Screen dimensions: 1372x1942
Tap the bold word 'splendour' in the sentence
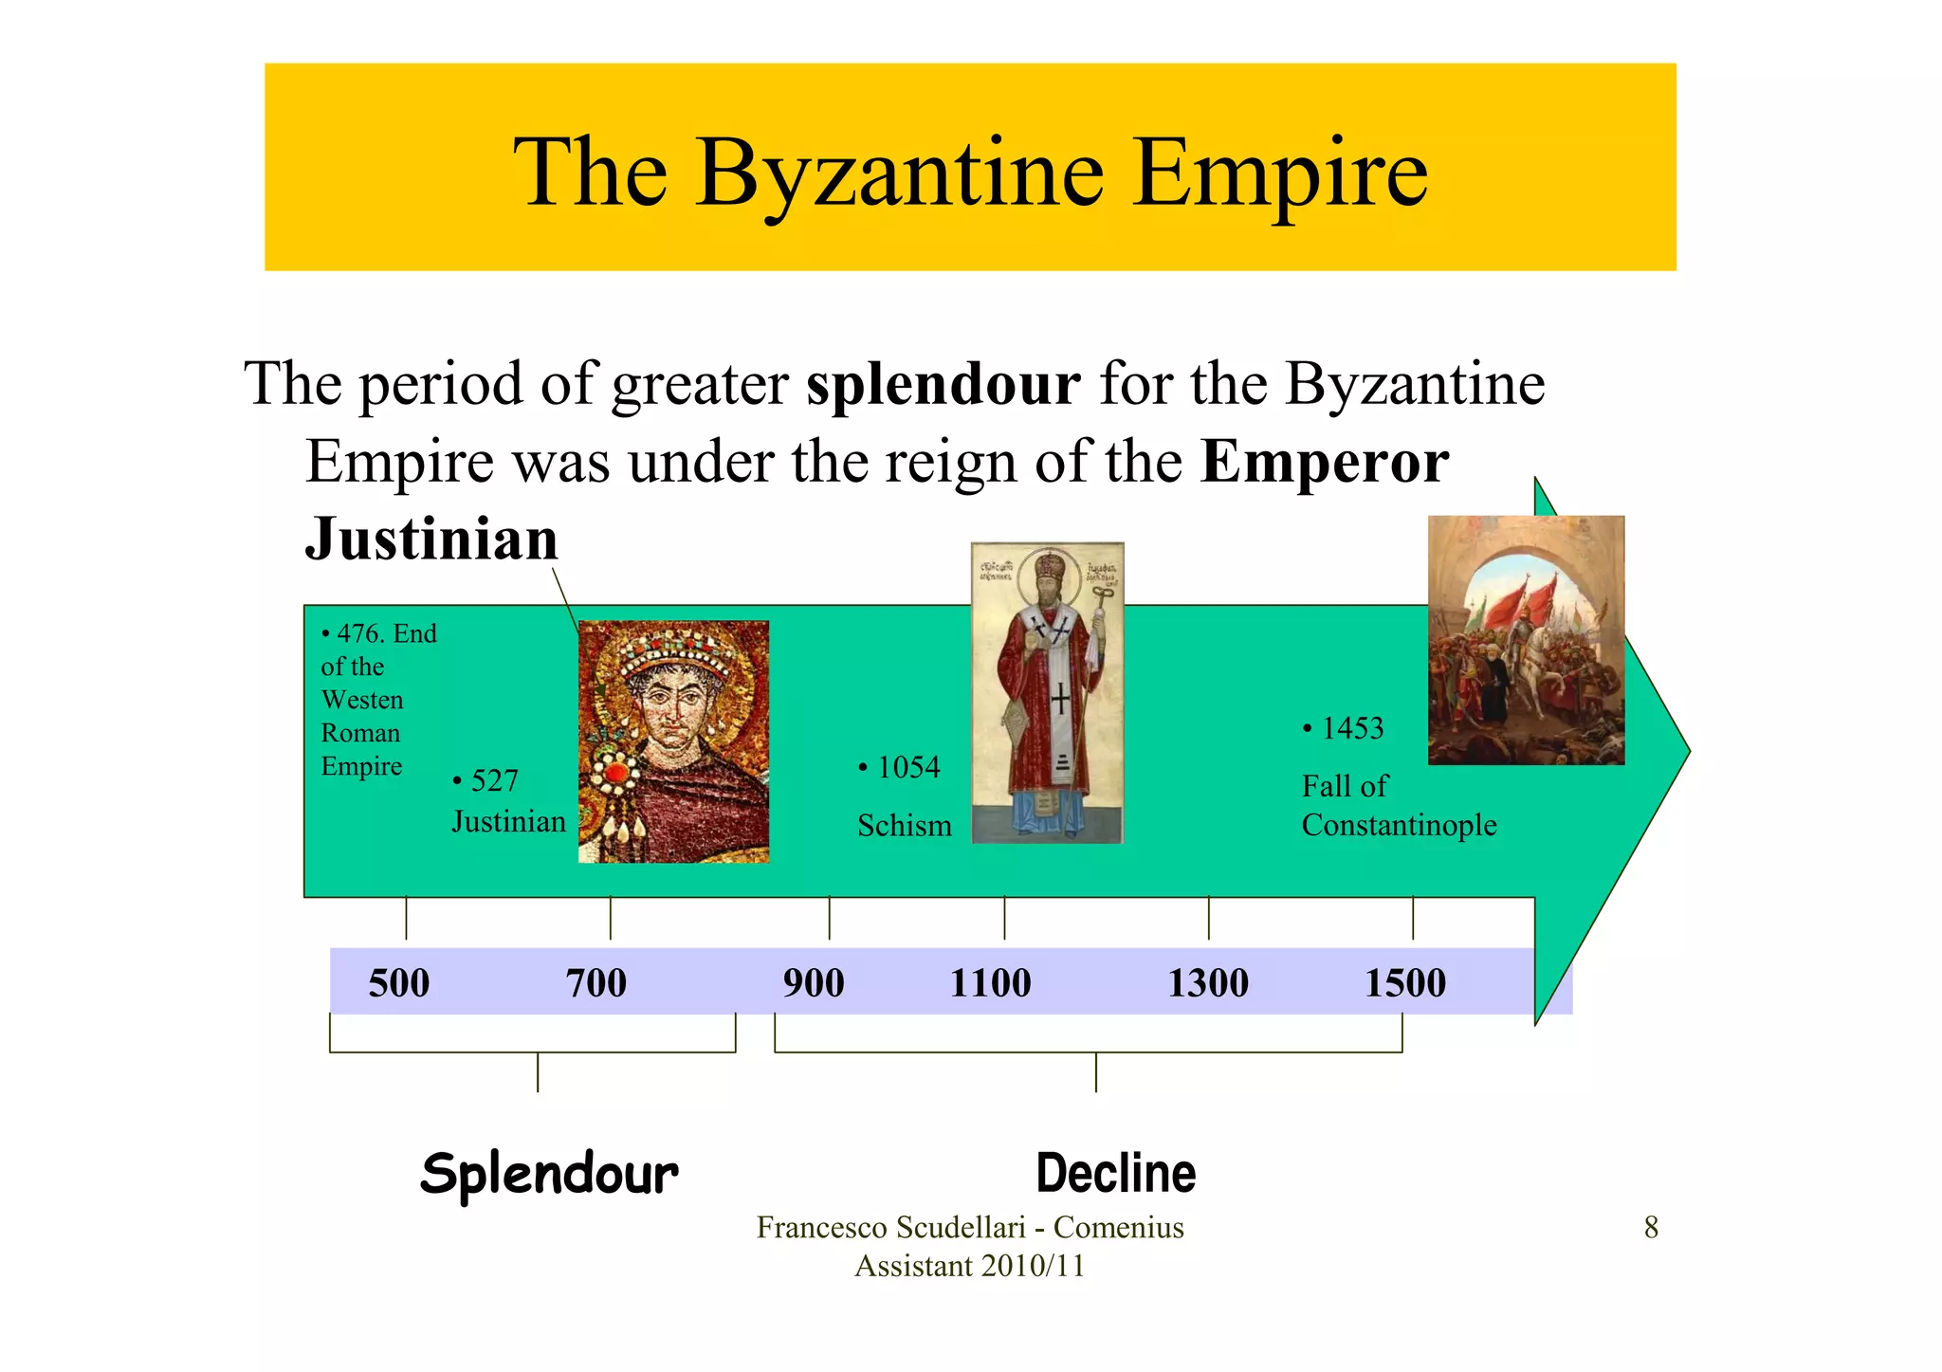point(944,384)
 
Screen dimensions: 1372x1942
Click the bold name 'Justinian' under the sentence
point(431,539)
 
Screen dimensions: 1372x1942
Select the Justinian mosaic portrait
point(673,741)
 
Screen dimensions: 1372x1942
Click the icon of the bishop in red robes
point(1047,692)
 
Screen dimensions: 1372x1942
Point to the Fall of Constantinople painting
point(1526,640)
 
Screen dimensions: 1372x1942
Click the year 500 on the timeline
point(399,983)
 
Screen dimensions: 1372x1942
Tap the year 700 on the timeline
point(596,983)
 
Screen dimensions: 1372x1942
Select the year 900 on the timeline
point(814,983)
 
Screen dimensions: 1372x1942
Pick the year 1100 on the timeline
point(991,983)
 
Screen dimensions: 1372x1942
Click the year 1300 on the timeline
point(1207,983)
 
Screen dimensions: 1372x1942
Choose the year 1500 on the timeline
point(1405,983)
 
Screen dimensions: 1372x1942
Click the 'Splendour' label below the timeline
point(550,1174)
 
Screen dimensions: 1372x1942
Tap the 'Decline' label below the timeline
point(1116,1174)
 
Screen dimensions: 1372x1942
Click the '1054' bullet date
point(907,767)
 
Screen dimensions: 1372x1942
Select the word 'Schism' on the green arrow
point(905,826)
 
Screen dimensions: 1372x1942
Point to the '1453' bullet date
point(1352,728)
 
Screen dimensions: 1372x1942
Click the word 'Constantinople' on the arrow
point(1399,825)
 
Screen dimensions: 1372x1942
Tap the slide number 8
point(1651,1228)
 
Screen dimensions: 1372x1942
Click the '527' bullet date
point(494,780)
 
